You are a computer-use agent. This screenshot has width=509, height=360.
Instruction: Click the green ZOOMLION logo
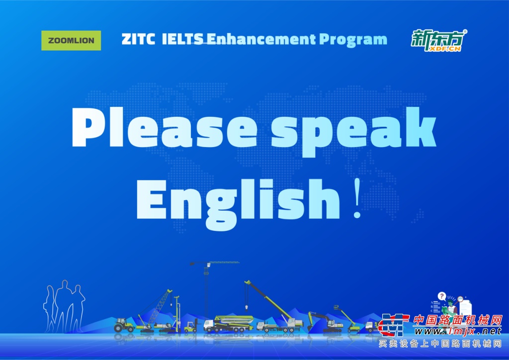point(71,41)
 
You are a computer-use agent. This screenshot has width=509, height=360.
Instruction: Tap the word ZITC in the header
point(138,39)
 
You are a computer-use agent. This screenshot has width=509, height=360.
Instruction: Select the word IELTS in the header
point(182,39)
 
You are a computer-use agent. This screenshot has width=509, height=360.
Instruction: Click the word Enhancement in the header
point(261,39)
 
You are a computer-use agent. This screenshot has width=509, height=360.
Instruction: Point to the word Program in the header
point(353,40)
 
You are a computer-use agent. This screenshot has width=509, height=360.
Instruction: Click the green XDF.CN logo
point(439,40)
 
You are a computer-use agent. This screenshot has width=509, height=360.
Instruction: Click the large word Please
point(164,127)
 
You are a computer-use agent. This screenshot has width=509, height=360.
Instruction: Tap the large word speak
point(354,131)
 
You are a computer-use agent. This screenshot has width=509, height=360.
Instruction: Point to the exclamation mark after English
point(357,198)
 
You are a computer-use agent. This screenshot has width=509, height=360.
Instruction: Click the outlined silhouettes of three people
point(64,306)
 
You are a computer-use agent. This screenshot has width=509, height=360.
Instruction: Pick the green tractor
point(124,325)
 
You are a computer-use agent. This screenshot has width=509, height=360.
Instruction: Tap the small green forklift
point(191,326)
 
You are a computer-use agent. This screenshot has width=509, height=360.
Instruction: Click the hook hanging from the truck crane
point(247,306)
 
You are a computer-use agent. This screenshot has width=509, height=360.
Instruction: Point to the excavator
point(325,322)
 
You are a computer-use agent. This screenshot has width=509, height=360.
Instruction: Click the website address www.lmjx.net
point(458,331)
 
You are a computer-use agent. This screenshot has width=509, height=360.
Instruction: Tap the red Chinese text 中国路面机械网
point(457,320)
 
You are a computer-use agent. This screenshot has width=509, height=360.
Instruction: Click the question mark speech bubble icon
point(442,296)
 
